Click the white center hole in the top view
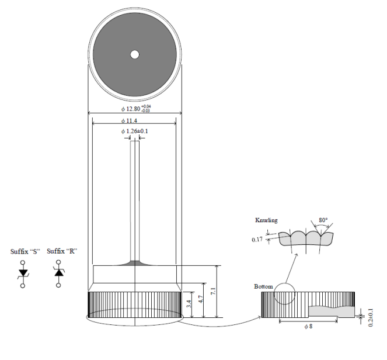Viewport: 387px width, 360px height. [134, 54]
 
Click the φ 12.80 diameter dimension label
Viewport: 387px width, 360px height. [136, 109]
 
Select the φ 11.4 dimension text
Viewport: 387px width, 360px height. [129, 121]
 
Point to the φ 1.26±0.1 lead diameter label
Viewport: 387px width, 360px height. [134, 131]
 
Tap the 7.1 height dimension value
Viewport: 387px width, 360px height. [214, 291]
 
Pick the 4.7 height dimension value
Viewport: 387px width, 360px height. [201, 299]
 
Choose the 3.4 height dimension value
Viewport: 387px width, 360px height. [189, 304]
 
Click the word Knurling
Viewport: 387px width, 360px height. [266, 220]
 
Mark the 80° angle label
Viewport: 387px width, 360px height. [323, 220]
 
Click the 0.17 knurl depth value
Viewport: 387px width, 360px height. [257, 240]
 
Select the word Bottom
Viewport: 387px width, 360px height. [263, 286]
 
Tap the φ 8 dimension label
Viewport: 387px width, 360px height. [308, 327]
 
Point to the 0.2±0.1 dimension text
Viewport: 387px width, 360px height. [371, 318]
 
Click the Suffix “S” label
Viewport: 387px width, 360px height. [25, 251]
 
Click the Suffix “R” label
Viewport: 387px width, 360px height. [62, 251]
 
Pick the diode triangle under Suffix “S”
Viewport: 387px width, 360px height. [23, 272]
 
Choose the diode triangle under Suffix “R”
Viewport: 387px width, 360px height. [59, 272]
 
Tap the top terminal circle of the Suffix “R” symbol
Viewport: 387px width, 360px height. [58, 262]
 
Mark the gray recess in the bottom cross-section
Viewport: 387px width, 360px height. [331, 311]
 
